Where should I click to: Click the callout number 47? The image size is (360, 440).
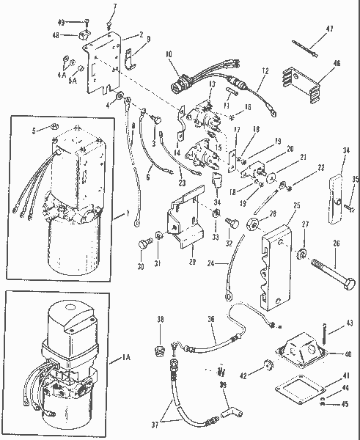coord(329,29)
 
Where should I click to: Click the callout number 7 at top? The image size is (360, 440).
coord(114,6)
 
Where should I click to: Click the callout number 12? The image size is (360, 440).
coord(265,71)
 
